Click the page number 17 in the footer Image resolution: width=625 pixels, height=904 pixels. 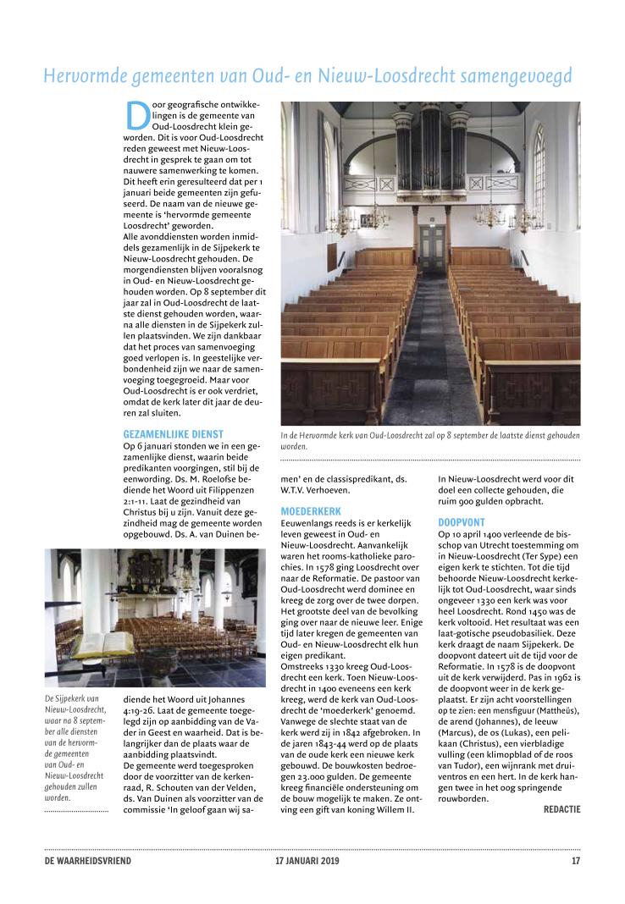coord(576,862)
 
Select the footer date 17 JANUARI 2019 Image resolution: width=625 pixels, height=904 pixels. coord(306,862)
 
